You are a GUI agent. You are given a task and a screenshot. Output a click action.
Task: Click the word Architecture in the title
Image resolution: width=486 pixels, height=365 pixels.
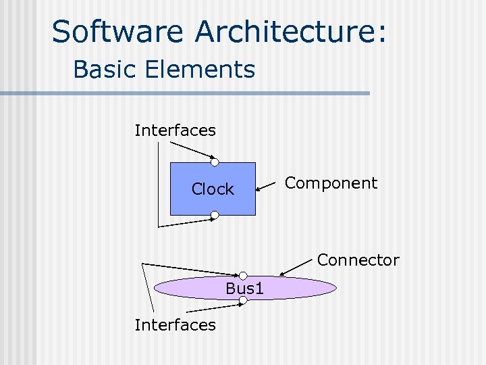click(x=283, y=32)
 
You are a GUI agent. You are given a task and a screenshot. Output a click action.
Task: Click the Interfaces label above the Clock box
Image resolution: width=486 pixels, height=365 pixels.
click(x=175, y=130)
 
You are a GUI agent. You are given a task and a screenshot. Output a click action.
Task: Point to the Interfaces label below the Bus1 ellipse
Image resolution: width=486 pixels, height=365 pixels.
click(x=175, y=325)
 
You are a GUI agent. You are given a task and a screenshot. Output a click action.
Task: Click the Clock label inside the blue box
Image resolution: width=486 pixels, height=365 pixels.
click(x=213, y=189)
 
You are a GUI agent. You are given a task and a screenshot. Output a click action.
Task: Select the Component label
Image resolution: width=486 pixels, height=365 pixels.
click(x=331, y=183)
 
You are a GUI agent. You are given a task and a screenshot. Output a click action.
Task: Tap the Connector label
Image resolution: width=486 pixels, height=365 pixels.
click(x=358, y=260)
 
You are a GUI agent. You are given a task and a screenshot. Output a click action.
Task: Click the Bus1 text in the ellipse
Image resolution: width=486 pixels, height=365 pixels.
click(x=244, y=289)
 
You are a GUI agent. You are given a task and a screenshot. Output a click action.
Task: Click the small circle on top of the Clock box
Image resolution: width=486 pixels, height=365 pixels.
click(x=214, y=162)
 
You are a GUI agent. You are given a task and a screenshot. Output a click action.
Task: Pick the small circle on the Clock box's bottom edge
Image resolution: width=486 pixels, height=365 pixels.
click(x=214, y=216)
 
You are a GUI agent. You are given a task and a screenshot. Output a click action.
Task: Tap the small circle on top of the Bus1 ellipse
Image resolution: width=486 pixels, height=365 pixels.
click(x=243, y=276)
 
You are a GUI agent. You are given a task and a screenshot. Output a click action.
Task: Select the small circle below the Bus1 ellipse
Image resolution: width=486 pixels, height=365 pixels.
click(x=243, y=299)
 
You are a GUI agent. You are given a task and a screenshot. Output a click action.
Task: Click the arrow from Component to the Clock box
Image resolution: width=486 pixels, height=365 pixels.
click(x=267, y=188)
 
